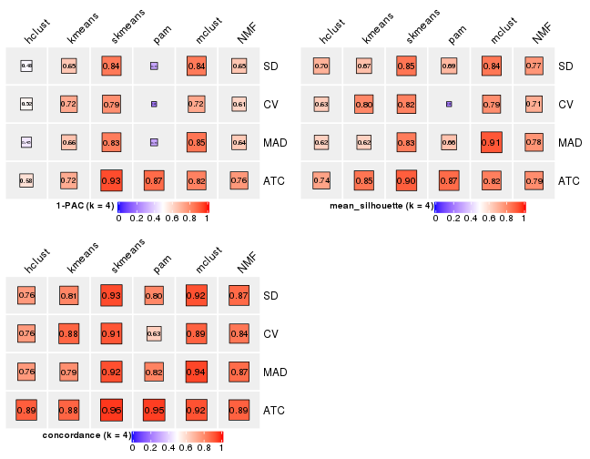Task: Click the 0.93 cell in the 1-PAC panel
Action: pyautogui.click(x=111, y=180)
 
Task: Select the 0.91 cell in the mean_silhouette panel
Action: pyautogui.click(x=490, y=142)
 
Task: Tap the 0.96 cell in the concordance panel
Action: pyautogui.click(x=111, y=410)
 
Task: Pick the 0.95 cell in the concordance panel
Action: pyautogui.click(x=153, y=410)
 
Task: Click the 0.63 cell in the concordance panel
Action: pyautogui.click(x=153, y=333)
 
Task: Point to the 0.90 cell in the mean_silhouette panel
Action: pyautogui.click(x=406, y=180)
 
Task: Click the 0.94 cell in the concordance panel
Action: pyautogui.click(x=195, y=372)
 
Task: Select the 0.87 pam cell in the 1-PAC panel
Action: pyautogui.click(x=153, y=180)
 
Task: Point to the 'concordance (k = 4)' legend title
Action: pyautogui.click(x=86, y=435)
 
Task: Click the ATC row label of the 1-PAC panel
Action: pyautogui.click(x=273, y=180)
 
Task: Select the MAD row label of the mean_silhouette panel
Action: pyautogui.click(x=569, y=142)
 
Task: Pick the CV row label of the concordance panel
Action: pyautogui.click(x=271, y=333)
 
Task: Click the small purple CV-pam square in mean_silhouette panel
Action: pyautogui.click(x=448, y=104)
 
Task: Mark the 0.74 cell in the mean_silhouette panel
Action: pyautogui.click(x=321, y=180)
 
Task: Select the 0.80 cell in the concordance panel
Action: pyautogui.click(x=153, y=295)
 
